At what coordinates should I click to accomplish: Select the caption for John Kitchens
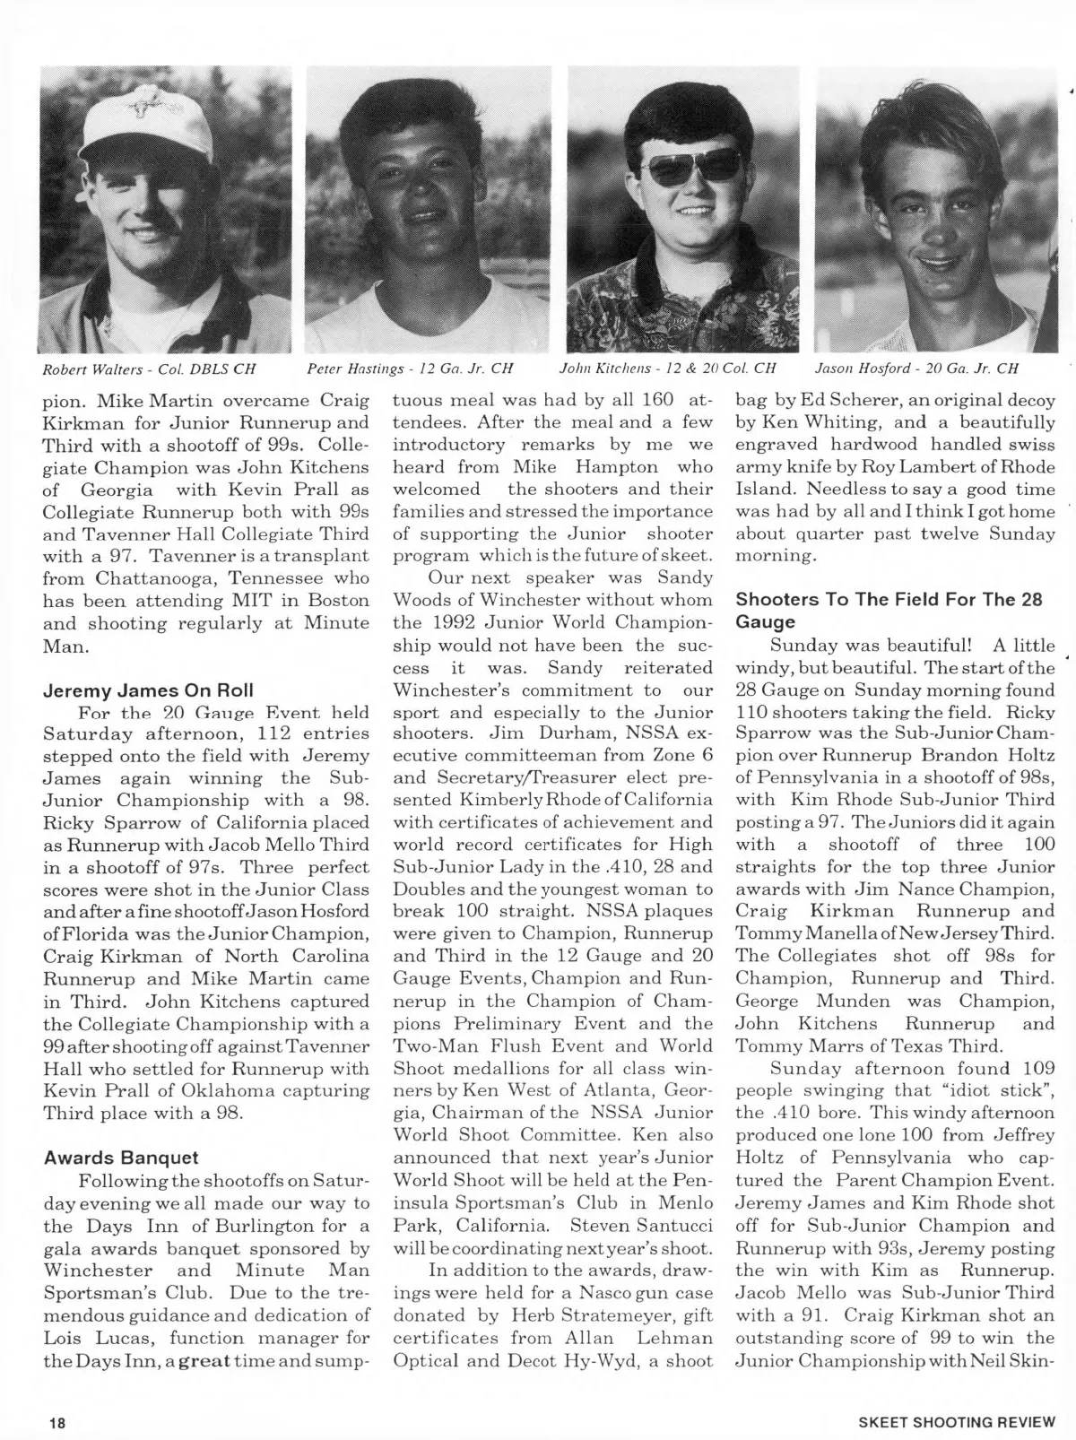(668, 368)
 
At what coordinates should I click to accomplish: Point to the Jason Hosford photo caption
(916, 368)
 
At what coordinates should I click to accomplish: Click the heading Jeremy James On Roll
(148, 690)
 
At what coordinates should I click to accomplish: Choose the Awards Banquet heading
(121, 1158)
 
